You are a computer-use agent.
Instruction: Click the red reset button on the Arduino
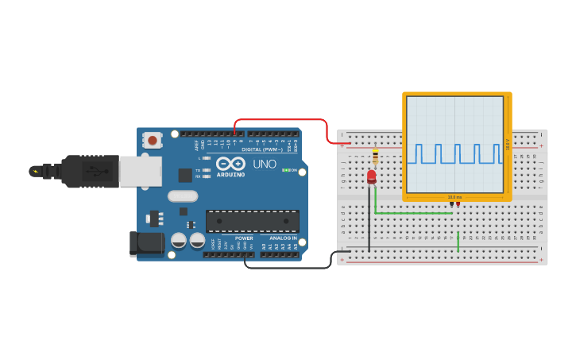152,140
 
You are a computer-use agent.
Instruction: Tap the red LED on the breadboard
371,176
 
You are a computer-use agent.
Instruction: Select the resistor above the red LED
375,156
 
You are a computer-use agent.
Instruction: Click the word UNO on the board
264,165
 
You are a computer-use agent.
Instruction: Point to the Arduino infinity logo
230,164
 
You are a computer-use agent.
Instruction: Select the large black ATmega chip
252,221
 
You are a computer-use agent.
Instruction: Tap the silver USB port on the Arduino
141,171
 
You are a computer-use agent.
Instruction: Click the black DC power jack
146,244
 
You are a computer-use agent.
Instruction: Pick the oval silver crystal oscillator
182,195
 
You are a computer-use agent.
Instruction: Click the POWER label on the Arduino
244,238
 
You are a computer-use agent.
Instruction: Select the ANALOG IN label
282,238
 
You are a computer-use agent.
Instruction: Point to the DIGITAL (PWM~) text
261,149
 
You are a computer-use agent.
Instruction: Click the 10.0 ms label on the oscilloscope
454,197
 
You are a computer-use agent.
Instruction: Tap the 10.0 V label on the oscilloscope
508,144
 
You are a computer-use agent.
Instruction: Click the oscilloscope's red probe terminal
458,204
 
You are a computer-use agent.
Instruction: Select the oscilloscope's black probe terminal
451,204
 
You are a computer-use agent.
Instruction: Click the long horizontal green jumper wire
413,213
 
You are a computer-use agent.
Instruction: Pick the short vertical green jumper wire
458,242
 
